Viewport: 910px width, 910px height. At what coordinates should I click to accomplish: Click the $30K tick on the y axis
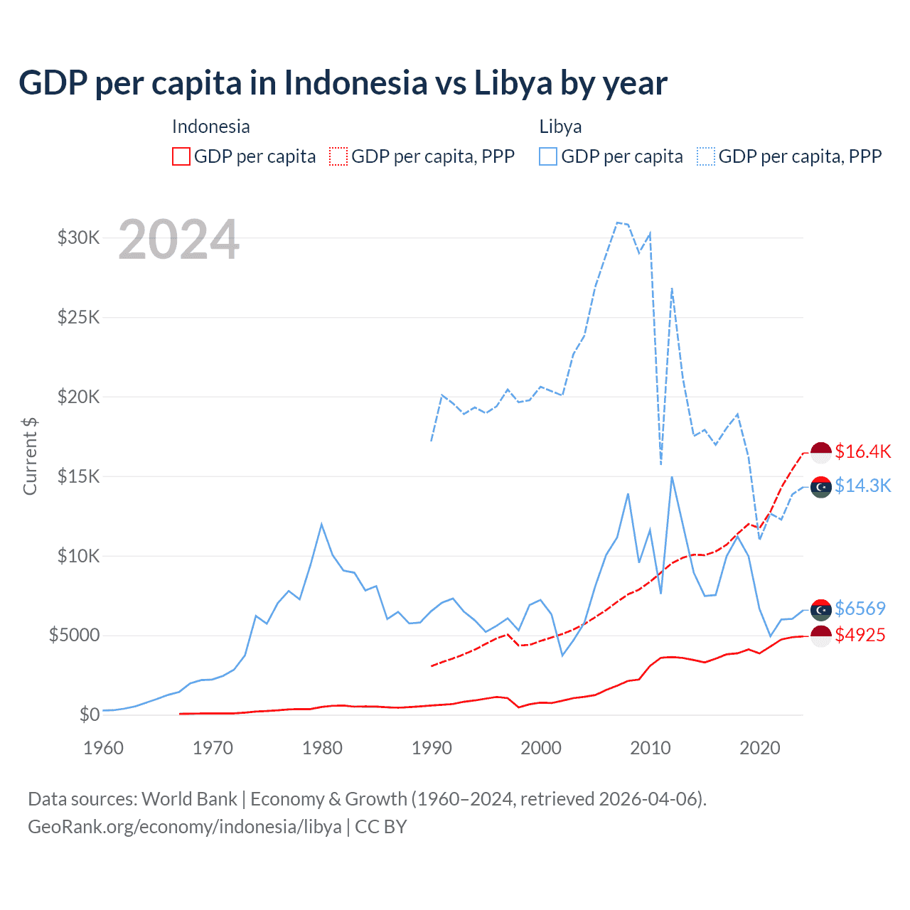click(x=78, y=237)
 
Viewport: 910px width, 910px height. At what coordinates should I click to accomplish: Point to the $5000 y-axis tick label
click(x=74, y=635)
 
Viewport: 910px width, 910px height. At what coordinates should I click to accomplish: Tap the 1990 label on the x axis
click(x=432, y=748)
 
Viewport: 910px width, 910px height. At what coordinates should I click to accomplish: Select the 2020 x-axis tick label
click(x=760, y=748)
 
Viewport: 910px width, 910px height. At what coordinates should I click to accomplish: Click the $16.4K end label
click(x=862, y=451)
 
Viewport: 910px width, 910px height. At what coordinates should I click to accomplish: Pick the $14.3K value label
click(x=862, y=486)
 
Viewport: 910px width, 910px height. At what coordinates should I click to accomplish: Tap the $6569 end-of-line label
click(x=860, y=609)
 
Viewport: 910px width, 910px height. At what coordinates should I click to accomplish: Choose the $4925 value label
click(x=860, y=635)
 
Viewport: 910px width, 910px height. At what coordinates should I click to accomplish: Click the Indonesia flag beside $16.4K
click(x=821, y=452)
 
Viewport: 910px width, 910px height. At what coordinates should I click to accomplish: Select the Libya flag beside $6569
click(x=821, y=609)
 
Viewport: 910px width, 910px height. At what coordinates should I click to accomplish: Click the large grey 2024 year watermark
click(x=178, y=240)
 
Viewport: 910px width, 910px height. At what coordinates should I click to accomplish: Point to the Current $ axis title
click(x=30, y=456)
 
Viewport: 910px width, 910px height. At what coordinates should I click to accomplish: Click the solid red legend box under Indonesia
click(x=181, y=156)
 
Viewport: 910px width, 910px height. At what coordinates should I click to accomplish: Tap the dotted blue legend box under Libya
click(x=706, y=156)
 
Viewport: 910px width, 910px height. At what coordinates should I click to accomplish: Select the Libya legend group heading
click(x=560, y=127)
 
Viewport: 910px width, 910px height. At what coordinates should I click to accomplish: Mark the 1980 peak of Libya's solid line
click(x=321, y=524)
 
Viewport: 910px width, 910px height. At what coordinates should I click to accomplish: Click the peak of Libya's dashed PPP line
click(x=617, y=223)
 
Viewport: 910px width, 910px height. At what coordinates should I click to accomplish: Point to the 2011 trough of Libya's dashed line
click(x=661, y=464)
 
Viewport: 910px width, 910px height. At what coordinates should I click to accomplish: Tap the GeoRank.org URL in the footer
click(x=185, y=827)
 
